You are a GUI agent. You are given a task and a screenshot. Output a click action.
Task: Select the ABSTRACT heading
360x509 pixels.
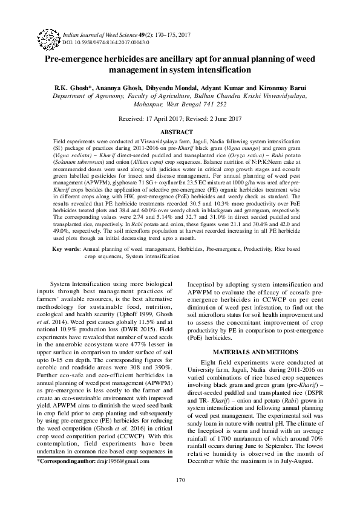tap(180, 131)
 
